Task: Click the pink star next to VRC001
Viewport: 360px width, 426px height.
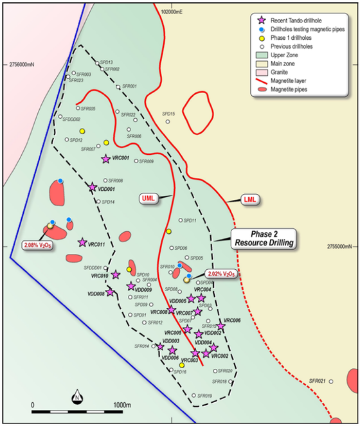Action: click(x=106, y=159)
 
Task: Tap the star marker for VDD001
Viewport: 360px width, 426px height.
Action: click(x=93, y=186)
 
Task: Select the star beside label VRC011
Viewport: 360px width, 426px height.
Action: click(x=82, y=242)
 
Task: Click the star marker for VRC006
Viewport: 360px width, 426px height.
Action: click(x=221, y=326)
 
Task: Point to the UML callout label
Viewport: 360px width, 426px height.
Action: click(x=150, y=197)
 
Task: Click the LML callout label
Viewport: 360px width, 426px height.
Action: click(x=250, y=199)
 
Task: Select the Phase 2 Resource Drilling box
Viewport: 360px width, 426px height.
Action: click(x=264, y=239)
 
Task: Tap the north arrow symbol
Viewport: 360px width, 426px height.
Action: click(x=76, y=396)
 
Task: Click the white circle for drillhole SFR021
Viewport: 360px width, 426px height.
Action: click(x=331, y=382)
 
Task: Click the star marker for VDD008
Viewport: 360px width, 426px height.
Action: click(x=110, y=293)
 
